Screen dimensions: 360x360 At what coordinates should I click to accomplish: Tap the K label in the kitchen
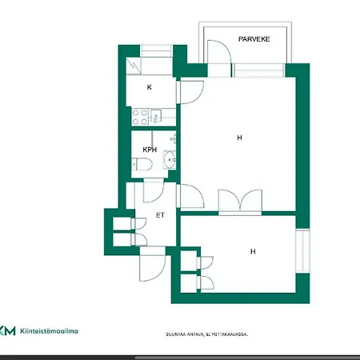pos(149,87)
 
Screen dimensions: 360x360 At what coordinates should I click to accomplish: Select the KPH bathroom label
pos(149,150)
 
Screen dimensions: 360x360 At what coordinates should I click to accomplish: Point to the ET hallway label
pos(160,215)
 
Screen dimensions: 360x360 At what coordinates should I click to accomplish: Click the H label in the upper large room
pos(238,138)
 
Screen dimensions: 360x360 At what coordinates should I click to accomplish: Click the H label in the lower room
pos(253,251)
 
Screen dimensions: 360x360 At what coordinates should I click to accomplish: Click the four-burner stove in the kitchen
pos(139,118)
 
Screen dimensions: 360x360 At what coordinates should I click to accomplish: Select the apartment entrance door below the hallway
pos(150,264)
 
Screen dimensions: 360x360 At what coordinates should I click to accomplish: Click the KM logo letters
pos(7,330)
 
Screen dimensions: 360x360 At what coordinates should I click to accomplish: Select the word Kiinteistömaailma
pos(50,330)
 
